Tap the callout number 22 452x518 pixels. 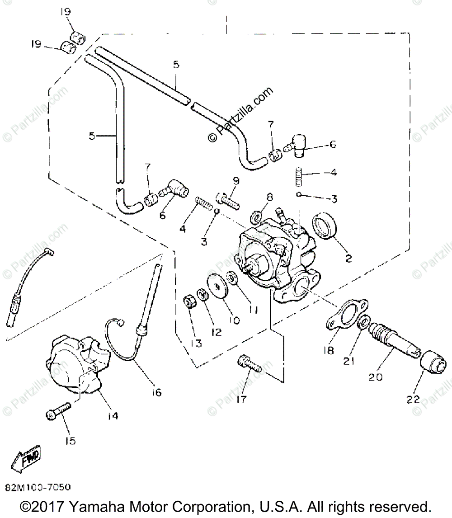[x=413, y=400]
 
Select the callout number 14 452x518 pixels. [x=113, y=415]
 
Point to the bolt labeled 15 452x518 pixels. [x=58, y=411]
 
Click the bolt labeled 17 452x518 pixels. [x=249, y=364]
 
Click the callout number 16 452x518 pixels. [x=156, y=392]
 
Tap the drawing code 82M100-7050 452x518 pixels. [x=38, y=488]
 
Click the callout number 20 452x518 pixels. [x=375, y=376]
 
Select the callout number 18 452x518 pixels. [x=329, y=350]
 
